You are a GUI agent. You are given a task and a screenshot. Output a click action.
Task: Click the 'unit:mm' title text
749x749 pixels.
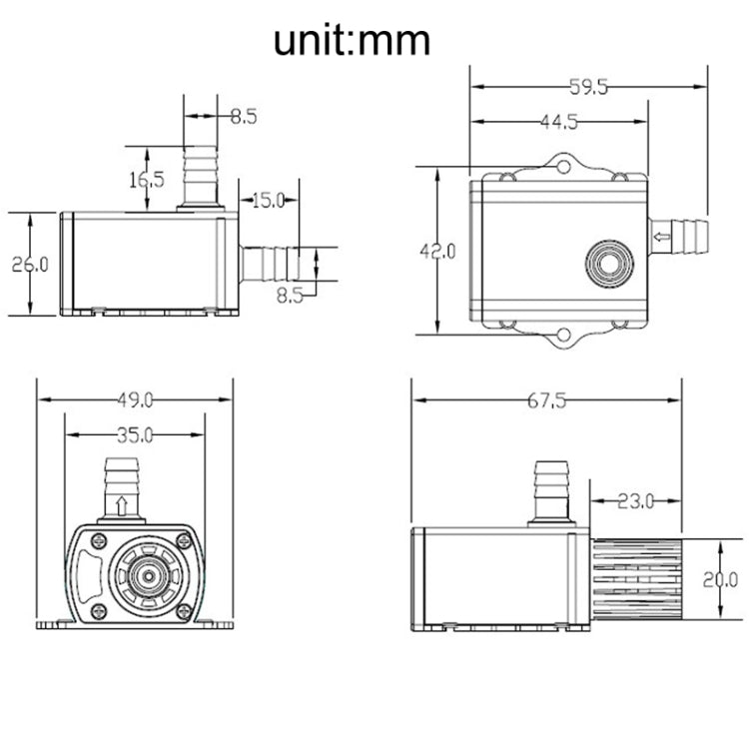(x=353, y=41)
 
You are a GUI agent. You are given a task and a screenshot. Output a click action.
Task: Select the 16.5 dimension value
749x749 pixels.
(x=146, y=180)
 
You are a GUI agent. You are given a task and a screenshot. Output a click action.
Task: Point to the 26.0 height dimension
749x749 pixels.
(x=30, y=265)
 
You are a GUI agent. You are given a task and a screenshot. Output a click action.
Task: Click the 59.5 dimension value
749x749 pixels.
(x=588, y=88)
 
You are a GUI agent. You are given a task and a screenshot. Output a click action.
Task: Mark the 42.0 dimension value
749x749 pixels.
(x=437, y=252)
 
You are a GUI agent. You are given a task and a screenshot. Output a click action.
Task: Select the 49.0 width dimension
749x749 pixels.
(x=134, y=400)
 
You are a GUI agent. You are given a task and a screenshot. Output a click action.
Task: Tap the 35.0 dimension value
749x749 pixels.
(x=134, y=435)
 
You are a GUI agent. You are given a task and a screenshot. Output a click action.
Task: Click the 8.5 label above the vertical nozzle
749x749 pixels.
(x=244, y=116)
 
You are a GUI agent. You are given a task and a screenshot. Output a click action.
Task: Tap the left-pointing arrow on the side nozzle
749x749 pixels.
(x=662, y=237)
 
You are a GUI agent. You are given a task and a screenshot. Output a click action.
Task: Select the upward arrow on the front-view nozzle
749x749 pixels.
(x=122, y=503)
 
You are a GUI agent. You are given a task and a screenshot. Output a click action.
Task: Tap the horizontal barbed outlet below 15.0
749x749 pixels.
(x=270, y=264)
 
